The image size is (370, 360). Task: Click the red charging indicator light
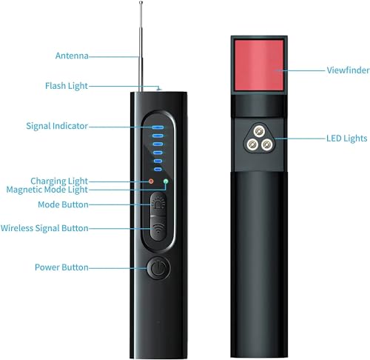tap(151, 181)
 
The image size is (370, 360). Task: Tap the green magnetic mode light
tap(166, 181)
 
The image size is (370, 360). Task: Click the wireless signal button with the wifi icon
tap(158, 229)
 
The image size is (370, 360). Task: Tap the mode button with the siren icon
tap(158, 204)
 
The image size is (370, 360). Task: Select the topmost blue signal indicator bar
tap(158, 127)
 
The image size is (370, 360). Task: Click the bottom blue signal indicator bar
tap(158, 170)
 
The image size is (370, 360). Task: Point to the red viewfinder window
tap(259, 65)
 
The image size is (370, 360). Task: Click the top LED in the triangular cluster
tap(259, 130)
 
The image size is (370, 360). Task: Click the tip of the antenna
tap(141, 2)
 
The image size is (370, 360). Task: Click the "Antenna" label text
tap(72, 56)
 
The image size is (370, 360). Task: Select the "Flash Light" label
tap(67, 86)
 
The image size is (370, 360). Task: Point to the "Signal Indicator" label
tap(57, 126)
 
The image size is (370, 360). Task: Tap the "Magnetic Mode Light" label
tap(47, 190)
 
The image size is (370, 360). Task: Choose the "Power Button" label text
tap(61, 267)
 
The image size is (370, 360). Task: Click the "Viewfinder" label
tap(348, 70)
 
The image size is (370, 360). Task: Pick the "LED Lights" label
tap(347, 139)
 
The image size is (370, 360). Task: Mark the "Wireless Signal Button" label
tap(44, 228)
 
